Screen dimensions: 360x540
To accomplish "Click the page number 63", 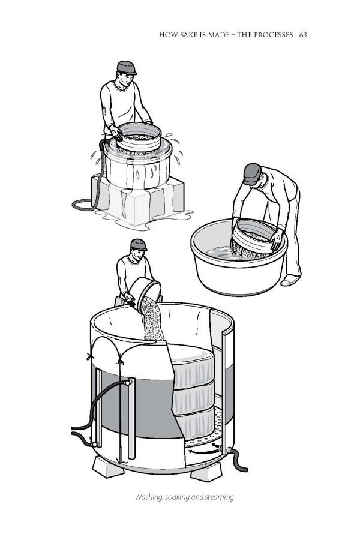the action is tap(303, 35).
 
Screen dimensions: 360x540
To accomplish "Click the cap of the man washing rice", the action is tap(127, 67).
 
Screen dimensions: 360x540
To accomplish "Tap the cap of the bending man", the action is tap(252, 173).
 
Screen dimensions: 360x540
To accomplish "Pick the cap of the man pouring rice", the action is tap(139, 245).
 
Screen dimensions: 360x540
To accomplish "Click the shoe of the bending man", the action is tap(290, 280).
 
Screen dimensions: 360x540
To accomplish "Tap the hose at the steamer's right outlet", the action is tap(239, 460).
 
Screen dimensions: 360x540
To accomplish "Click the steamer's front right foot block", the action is tap(206, 472).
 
